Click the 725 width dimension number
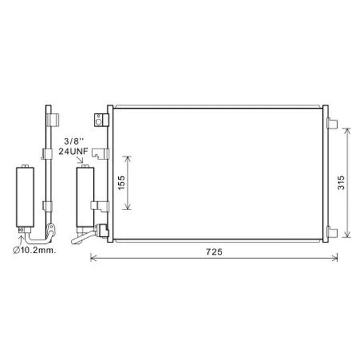click(x=213, y=251)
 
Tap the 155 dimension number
click(x=120, y=182)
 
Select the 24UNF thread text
click(x=73, y=153)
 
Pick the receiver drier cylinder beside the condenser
click(x=85, y=199)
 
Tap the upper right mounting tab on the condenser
click(x=331, y=123)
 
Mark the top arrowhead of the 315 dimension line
click(x=347, y=128)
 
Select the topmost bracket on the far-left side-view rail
click(x=49, y=120)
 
